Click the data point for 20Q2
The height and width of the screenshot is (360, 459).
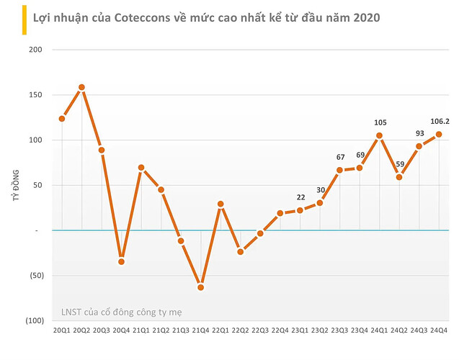coord(81,87)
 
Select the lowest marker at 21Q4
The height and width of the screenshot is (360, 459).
coord(201,287)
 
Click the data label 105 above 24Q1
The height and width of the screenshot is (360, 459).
coord(379,122)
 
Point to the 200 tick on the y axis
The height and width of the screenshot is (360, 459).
coord(36,50)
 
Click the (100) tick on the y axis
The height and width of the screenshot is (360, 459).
coord(33,320)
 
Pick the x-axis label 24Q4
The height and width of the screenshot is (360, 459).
coord(439,330)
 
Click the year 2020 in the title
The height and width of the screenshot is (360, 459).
coord(367,14)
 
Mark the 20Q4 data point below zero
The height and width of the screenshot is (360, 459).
coord(122,261)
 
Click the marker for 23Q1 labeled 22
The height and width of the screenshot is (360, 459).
coord(300,210)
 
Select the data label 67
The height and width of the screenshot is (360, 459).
coord(339,157)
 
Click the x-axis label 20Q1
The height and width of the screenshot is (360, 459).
coord(61,330)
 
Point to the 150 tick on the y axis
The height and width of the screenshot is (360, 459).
coord(36,95)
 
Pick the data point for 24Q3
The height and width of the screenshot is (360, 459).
coord(419,146)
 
